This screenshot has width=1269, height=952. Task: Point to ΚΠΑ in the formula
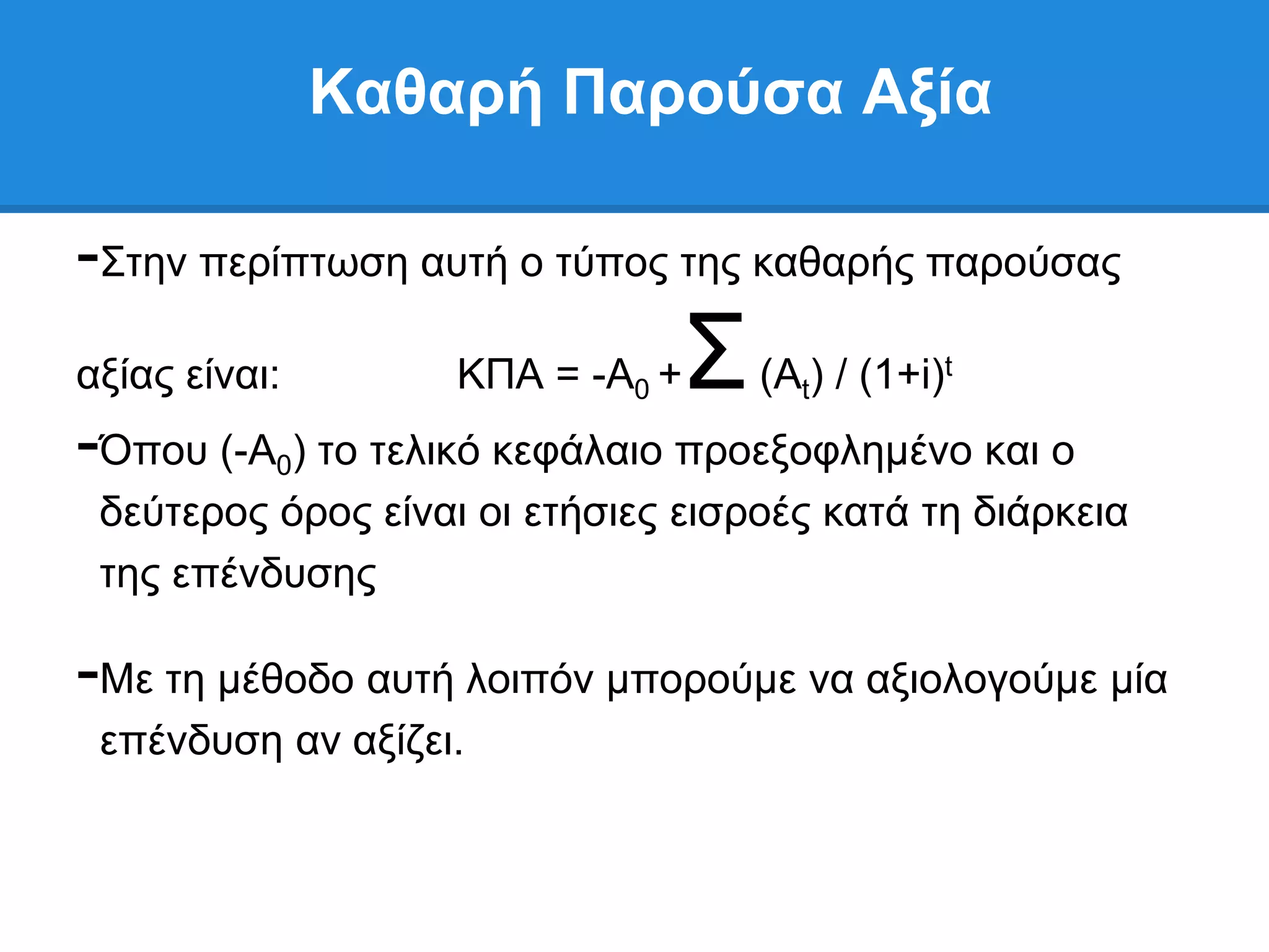tap(500, 374)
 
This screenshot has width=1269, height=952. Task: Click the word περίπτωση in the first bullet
tap(304, 263)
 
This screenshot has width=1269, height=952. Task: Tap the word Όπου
tap(154, 452)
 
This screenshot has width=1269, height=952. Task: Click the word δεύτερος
tap(183, 514)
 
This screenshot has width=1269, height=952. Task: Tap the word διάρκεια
tap(1050, 513)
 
